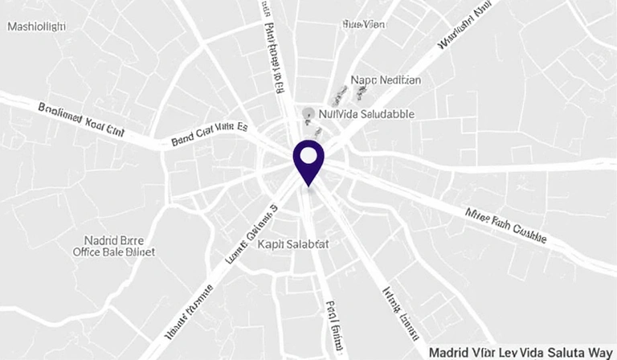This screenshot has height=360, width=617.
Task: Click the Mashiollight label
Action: (x=36, y=27)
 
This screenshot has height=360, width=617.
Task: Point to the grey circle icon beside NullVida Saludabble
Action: (x=308, y=114)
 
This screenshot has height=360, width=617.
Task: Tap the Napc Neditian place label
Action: (x=386, y=80)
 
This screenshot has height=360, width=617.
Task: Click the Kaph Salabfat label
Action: (x=292, y=243)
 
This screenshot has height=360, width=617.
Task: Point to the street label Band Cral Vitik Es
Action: (x=210, y=135)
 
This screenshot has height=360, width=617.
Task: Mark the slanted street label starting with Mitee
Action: (x=506, y=225)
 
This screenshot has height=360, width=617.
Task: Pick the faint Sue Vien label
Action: (x=363, y=24)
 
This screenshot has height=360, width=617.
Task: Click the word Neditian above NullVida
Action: (x=399, y=80)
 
